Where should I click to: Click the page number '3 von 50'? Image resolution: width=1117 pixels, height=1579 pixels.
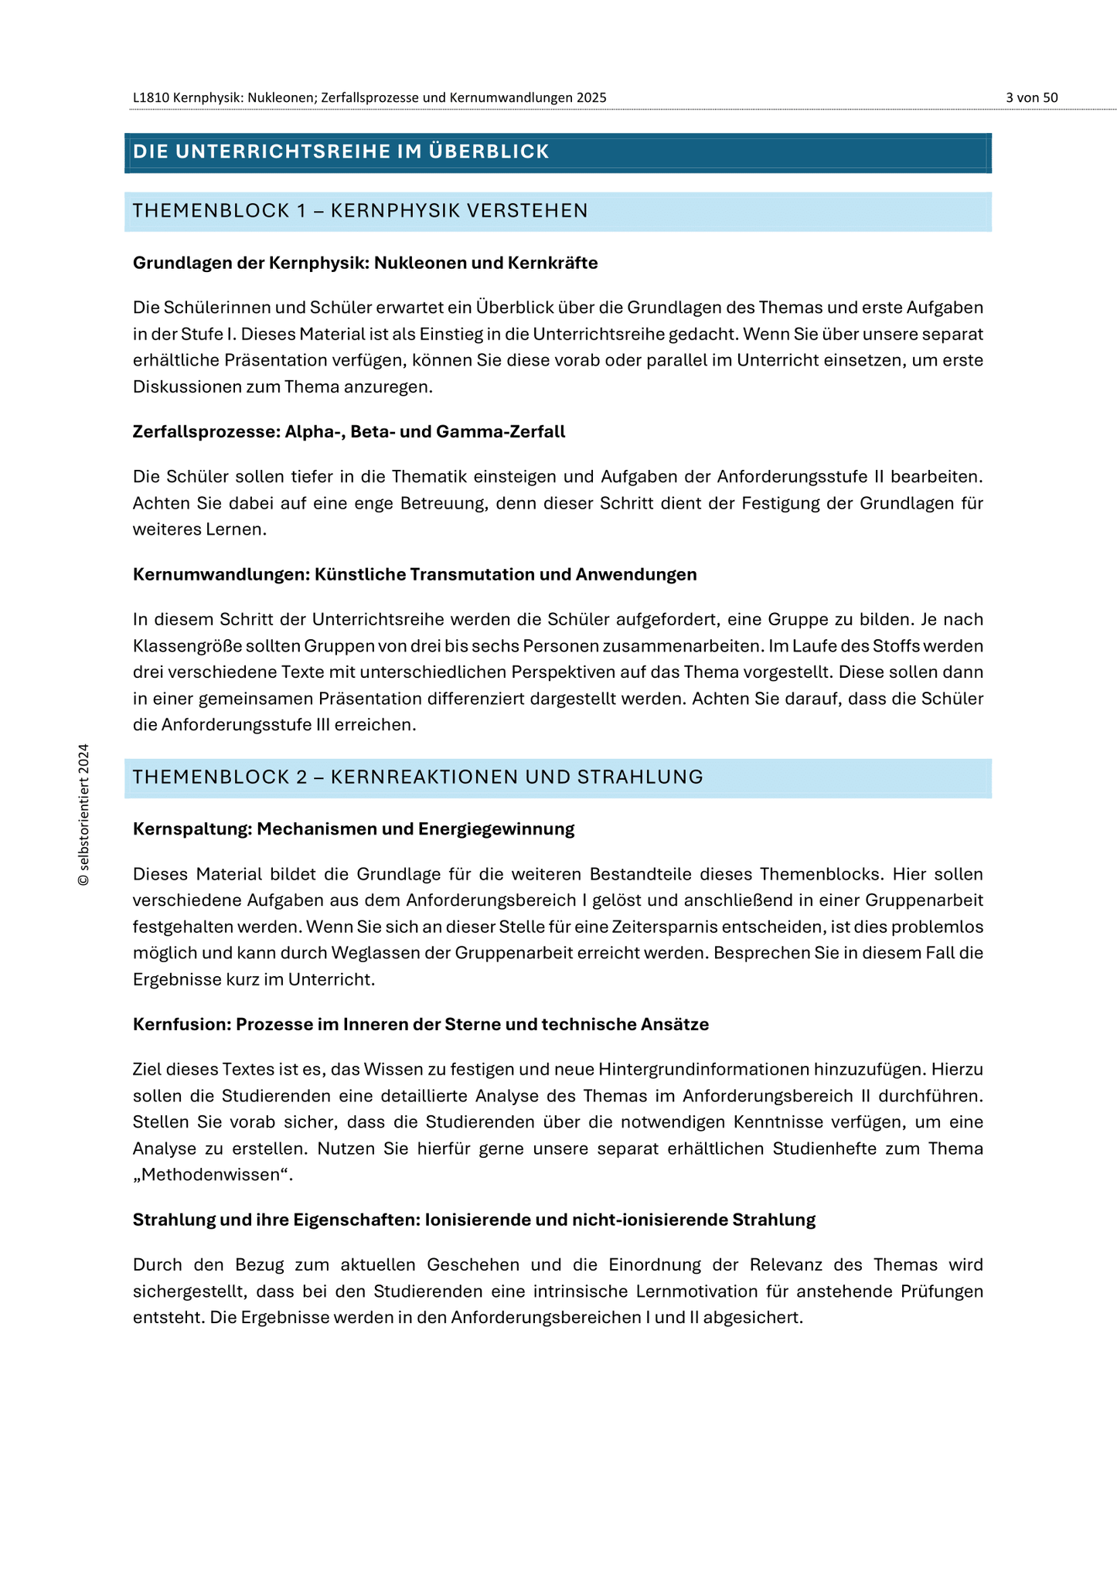coord(1031,97)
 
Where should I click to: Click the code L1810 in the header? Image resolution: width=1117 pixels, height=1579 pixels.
coord(151,97)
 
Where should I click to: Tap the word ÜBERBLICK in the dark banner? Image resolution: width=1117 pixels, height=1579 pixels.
coord(489,151)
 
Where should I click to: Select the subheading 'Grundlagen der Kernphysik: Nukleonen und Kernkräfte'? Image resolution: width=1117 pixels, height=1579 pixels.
coord(365,263)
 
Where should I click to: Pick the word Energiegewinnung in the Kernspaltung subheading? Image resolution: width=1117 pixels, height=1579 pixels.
coord(496,829)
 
